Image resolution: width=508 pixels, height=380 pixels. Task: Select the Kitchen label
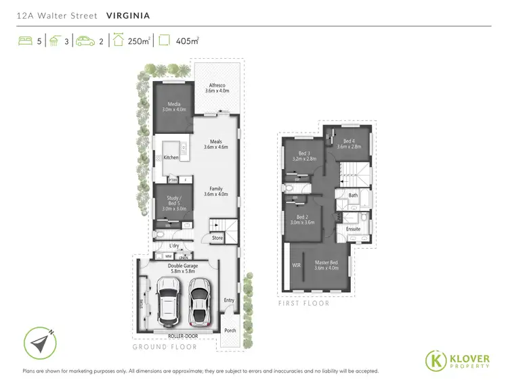point(171,158)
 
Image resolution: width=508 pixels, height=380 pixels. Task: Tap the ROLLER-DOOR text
point(178,335)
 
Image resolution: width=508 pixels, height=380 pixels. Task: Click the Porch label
point(230,331)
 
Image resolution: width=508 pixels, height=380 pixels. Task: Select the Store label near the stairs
point(217,238)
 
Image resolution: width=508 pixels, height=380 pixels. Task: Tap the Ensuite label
point(353,229)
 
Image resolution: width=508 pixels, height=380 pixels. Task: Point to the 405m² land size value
point(188,41)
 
